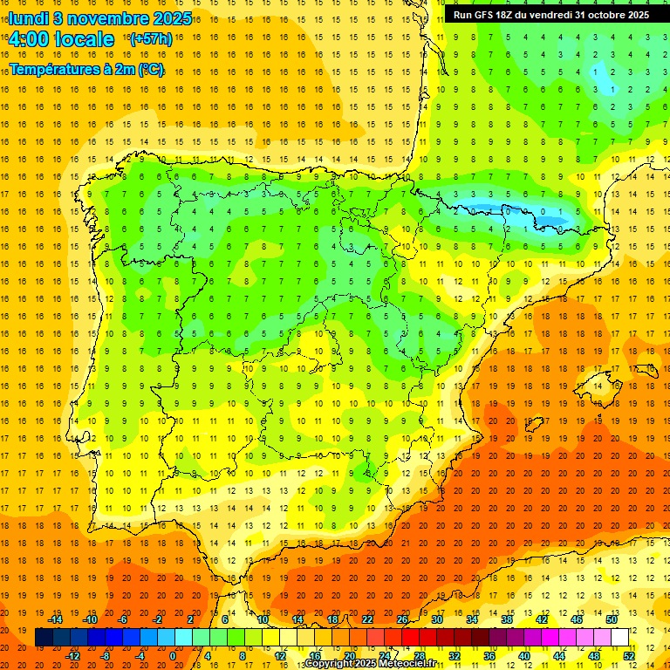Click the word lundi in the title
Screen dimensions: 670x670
[x=28, y=18]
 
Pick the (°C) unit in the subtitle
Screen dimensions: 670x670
[x=150, y=69]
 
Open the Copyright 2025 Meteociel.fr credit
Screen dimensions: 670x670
[x=370, y=664]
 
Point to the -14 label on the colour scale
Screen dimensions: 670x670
[x=57, y=619]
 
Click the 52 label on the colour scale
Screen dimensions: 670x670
[x=629, y=656]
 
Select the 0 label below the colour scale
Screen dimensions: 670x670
[x=172, y=656]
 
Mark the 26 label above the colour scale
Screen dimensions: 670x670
[x=402, y=619]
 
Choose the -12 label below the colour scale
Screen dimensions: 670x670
[x=74, y=656]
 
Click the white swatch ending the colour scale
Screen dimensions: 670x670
[x=620, y=638]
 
